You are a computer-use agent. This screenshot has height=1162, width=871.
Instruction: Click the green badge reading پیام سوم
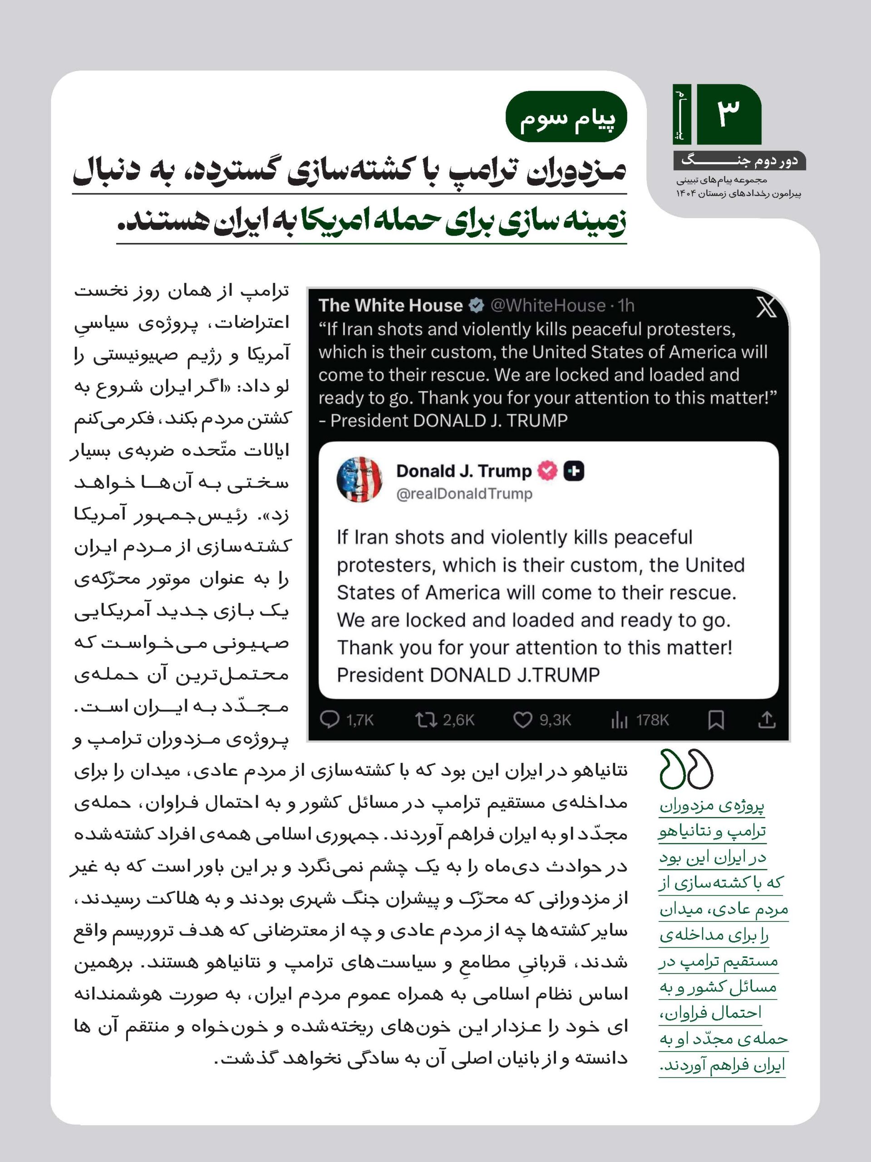pyautogui.click(x=566, y=117)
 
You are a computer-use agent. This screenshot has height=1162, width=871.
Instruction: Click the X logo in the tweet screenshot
pyautogui.click(x=766, y=307)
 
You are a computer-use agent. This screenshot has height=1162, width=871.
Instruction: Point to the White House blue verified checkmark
pyautogui.click(x=476, y=305)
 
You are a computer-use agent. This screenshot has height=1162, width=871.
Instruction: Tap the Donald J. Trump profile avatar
pyautogui.click(x=360, y=479)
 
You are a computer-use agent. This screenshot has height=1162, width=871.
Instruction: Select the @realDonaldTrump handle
pyautogui.click(x=464, y=494)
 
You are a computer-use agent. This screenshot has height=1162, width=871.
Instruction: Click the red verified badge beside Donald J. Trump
pyautogui.click(x=547, y=471)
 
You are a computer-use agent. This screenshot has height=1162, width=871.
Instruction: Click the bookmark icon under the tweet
pyautogui.click(x=716, y=720)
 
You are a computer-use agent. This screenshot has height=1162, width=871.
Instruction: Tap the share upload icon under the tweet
pyautogui.click(x=767, y=720)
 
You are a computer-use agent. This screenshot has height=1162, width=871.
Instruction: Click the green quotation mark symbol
pyautogui.click(x=686, y=768)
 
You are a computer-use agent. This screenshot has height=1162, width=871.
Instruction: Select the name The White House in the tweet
pyautogui.click(x=390, y=305)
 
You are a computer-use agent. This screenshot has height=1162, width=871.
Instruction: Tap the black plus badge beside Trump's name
pyautogui.click(x=574, y=471)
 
